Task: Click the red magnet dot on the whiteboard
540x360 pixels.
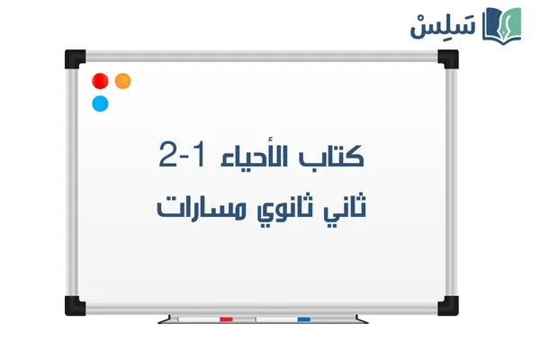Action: click(100, 81)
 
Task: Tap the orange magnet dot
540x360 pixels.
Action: click(123, 81)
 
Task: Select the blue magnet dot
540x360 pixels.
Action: click(100, 103)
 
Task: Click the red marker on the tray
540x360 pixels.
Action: click(225, 319)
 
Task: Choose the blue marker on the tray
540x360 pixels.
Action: click(302, 319)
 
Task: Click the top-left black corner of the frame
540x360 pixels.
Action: click(74, 59)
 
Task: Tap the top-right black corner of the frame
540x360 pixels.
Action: click(448, 59)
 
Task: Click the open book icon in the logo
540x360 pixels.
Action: click(501, 23)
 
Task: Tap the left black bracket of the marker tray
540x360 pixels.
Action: click(164, 319)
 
